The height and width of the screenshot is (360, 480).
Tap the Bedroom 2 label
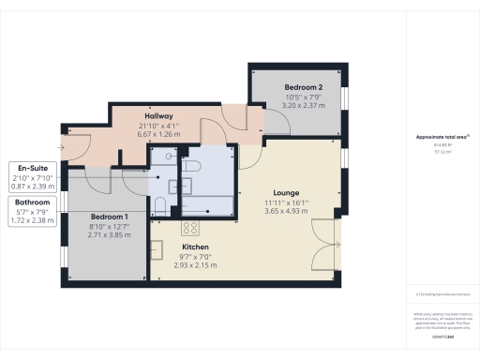tap(303, 87)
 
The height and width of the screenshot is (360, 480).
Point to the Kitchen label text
tap(195, 247)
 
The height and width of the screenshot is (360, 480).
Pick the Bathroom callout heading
tap(33, 202)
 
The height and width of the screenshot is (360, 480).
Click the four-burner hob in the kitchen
tap(189, 228)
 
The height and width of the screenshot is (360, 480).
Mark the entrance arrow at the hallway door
tap(63, 146)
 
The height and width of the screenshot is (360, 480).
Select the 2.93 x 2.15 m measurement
tap(195, 266)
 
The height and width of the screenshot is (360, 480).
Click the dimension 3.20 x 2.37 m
tap(303, 106)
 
